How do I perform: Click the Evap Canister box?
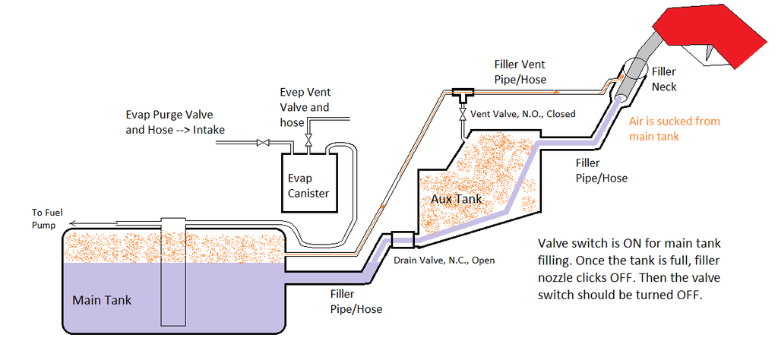pyautogui.click(x=308, y=182)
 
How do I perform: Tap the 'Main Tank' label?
pyautogui.click(x=102, y=300)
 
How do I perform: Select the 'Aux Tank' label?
pyautogui.click(x=457, y=197)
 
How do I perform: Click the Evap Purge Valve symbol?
pyautogui.click(x=263, y=142)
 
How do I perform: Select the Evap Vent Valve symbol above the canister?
pyautogui.click(x=308, y=142)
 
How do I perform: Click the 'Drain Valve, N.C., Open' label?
pyautogui.click(x=444, y=261)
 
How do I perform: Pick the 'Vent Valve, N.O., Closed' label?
pyautogui.click(x=523, y=114)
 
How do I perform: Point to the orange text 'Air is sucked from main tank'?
pyautogui.click(x=674, y=128)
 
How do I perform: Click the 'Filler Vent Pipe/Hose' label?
pyautogui.click(x=520, y=71)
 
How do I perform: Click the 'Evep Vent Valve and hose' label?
pyautogui.click(x=305, y=107)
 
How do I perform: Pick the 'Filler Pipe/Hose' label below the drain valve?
pyautogui.click(x=356, y=302)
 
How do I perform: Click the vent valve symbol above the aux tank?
pyautogui.click(x=462, y=115)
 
